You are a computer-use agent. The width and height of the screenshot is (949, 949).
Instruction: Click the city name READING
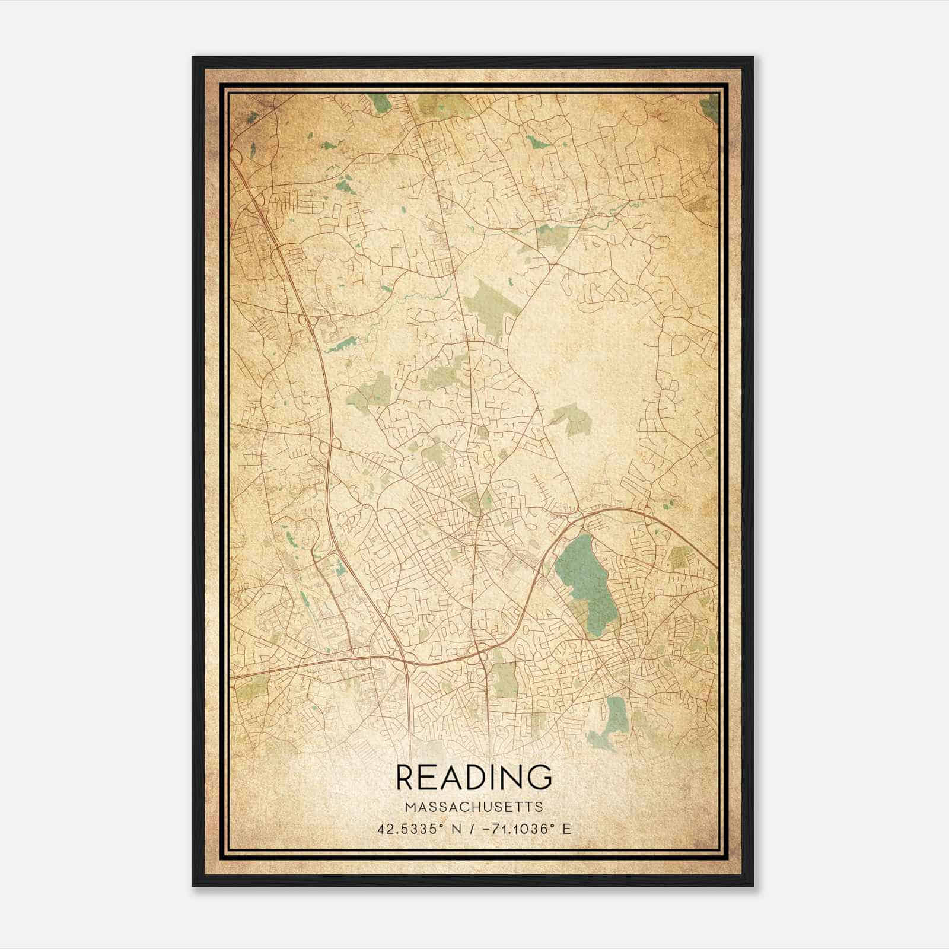[x=474, y=778]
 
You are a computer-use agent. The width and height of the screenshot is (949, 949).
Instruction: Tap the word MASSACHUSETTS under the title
[x=474, y=807]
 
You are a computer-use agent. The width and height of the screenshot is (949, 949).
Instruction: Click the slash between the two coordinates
[x=472, y=829]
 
